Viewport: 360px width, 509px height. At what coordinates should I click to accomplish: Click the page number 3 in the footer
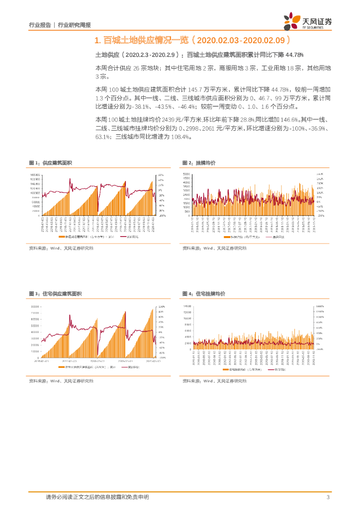[x=328, y=497]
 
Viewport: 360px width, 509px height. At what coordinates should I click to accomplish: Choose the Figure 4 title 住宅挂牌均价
[x=211, y=294]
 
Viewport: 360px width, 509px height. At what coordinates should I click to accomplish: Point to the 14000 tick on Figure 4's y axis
[x=187, y=306]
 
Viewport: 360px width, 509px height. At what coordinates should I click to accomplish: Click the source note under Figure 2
[x=214, y=248]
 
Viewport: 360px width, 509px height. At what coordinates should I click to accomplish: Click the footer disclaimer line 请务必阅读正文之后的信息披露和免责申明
[x=97, y=497]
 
